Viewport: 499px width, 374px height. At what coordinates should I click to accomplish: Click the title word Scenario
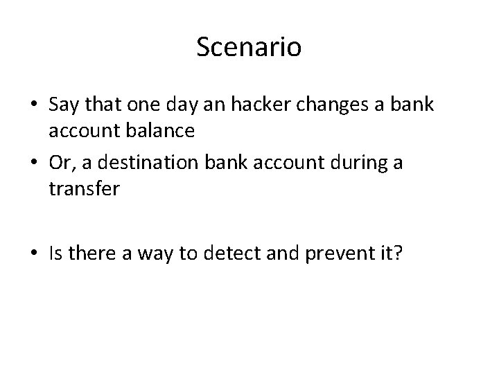[249, 48]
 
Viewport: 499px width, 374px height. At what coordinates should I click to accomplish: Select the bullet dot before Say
[35, 105]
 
